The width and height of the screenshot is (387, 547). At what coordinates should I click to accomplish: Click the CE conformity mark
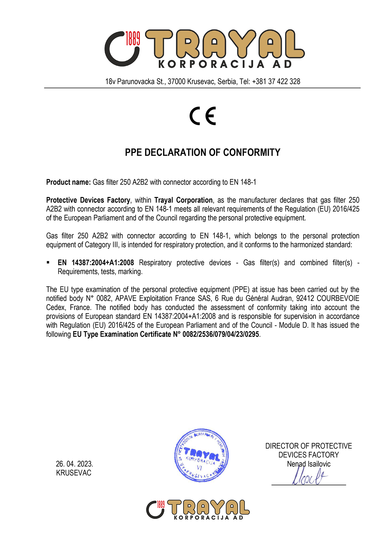203,116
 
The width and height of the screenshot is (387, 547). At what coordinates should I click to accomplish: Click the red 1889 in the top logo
133,38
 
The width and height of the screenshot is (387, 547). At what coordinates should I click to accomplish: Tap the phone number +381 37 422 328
276,82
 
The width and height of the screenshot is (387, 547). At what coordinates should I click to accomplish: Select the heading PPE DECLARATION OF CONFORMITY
203,152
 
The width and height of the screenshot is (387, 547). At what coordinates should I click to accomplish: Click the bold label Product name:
68,182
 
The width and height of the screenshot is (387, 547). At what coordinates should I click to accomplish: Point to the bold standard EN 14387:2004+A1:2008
96,263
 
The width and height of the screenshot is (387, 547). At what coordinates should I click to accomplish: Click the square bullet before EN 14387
48,262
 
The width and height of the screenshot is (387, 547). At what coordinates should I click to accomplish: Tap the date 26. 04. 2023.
75,464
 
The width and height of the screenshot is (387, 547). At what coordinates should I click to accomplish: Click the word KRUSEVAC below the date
74,473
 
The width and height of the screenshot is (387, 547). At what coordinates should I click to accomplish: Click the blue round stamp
201,455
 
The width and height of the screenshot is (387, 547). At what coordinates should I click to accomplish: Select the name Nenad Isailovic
308,464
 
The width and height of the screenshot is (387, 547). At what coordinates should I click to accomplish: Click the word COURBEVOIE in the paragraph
338,299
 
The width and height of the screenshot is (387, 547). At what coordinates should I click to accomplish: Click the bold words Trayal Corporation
183,200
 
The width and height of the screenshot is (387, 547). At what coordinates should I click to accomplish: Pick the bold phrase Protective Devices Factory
88,200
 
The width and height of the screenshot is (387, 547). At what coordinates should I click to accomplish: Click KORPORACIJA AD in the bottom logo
208,518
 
